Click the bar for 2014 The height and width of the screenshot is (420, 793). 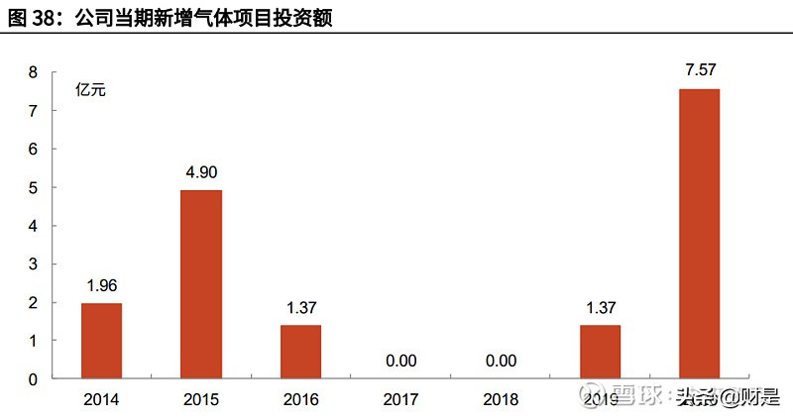(x=101, y=341)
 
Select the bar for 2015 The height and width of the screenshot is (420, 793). (x=201, y=284)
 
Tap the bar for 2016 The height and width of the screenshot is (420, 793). (x=300, y=352)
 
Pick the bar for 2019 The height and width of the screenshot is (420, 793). (x=600, y=352)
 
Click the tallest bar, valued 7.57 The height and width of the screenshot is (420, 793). (x=699, y=234)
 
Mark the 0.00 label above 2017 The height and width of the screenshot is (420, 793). (x=400, y=360)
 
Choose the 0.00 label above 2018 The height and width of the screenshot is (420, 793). (x=501, y=360)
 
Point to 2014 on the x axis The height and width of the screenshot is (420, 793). (x=101, y=399)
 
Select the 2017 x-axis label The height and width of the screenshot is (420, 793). (x=400, y=399)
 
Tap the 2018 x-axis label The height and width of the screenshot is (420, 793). (x=501, y=399)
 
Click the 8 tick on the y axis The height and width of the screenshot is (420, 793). (x=33, y=72)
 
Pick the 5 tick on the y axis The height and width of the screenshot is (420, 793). (x=33, y=187)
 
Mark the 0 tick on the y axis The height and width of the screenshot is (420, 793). (x=33, y=378)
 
